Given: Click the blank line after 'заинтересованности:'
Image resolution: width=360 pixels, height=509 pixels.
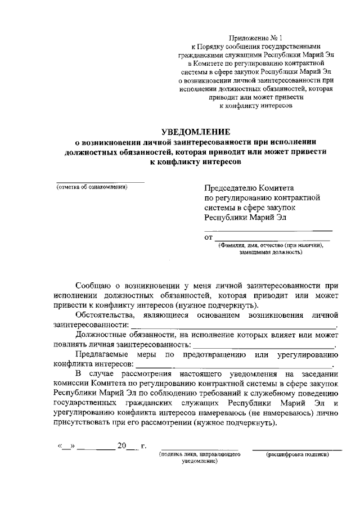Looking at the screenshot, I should coord(233,326).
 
